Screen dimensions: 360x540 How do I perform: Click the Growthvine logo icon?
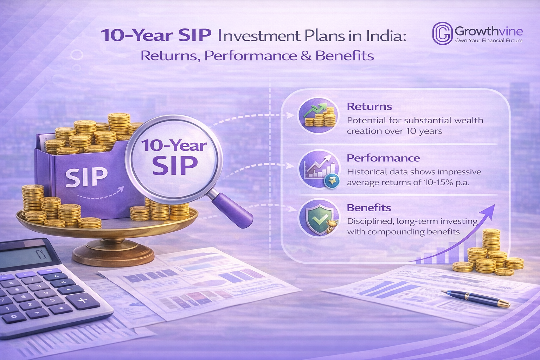(x=442, y=33)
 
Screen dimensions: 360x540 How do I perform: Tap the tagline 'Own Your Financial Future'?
(x=489, y=40)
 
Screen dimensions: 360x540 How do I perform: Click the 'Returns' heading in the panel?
(x=369, y=107)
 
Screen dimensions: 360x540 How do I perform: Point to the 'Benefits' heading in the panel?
(x=369, y=208)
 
